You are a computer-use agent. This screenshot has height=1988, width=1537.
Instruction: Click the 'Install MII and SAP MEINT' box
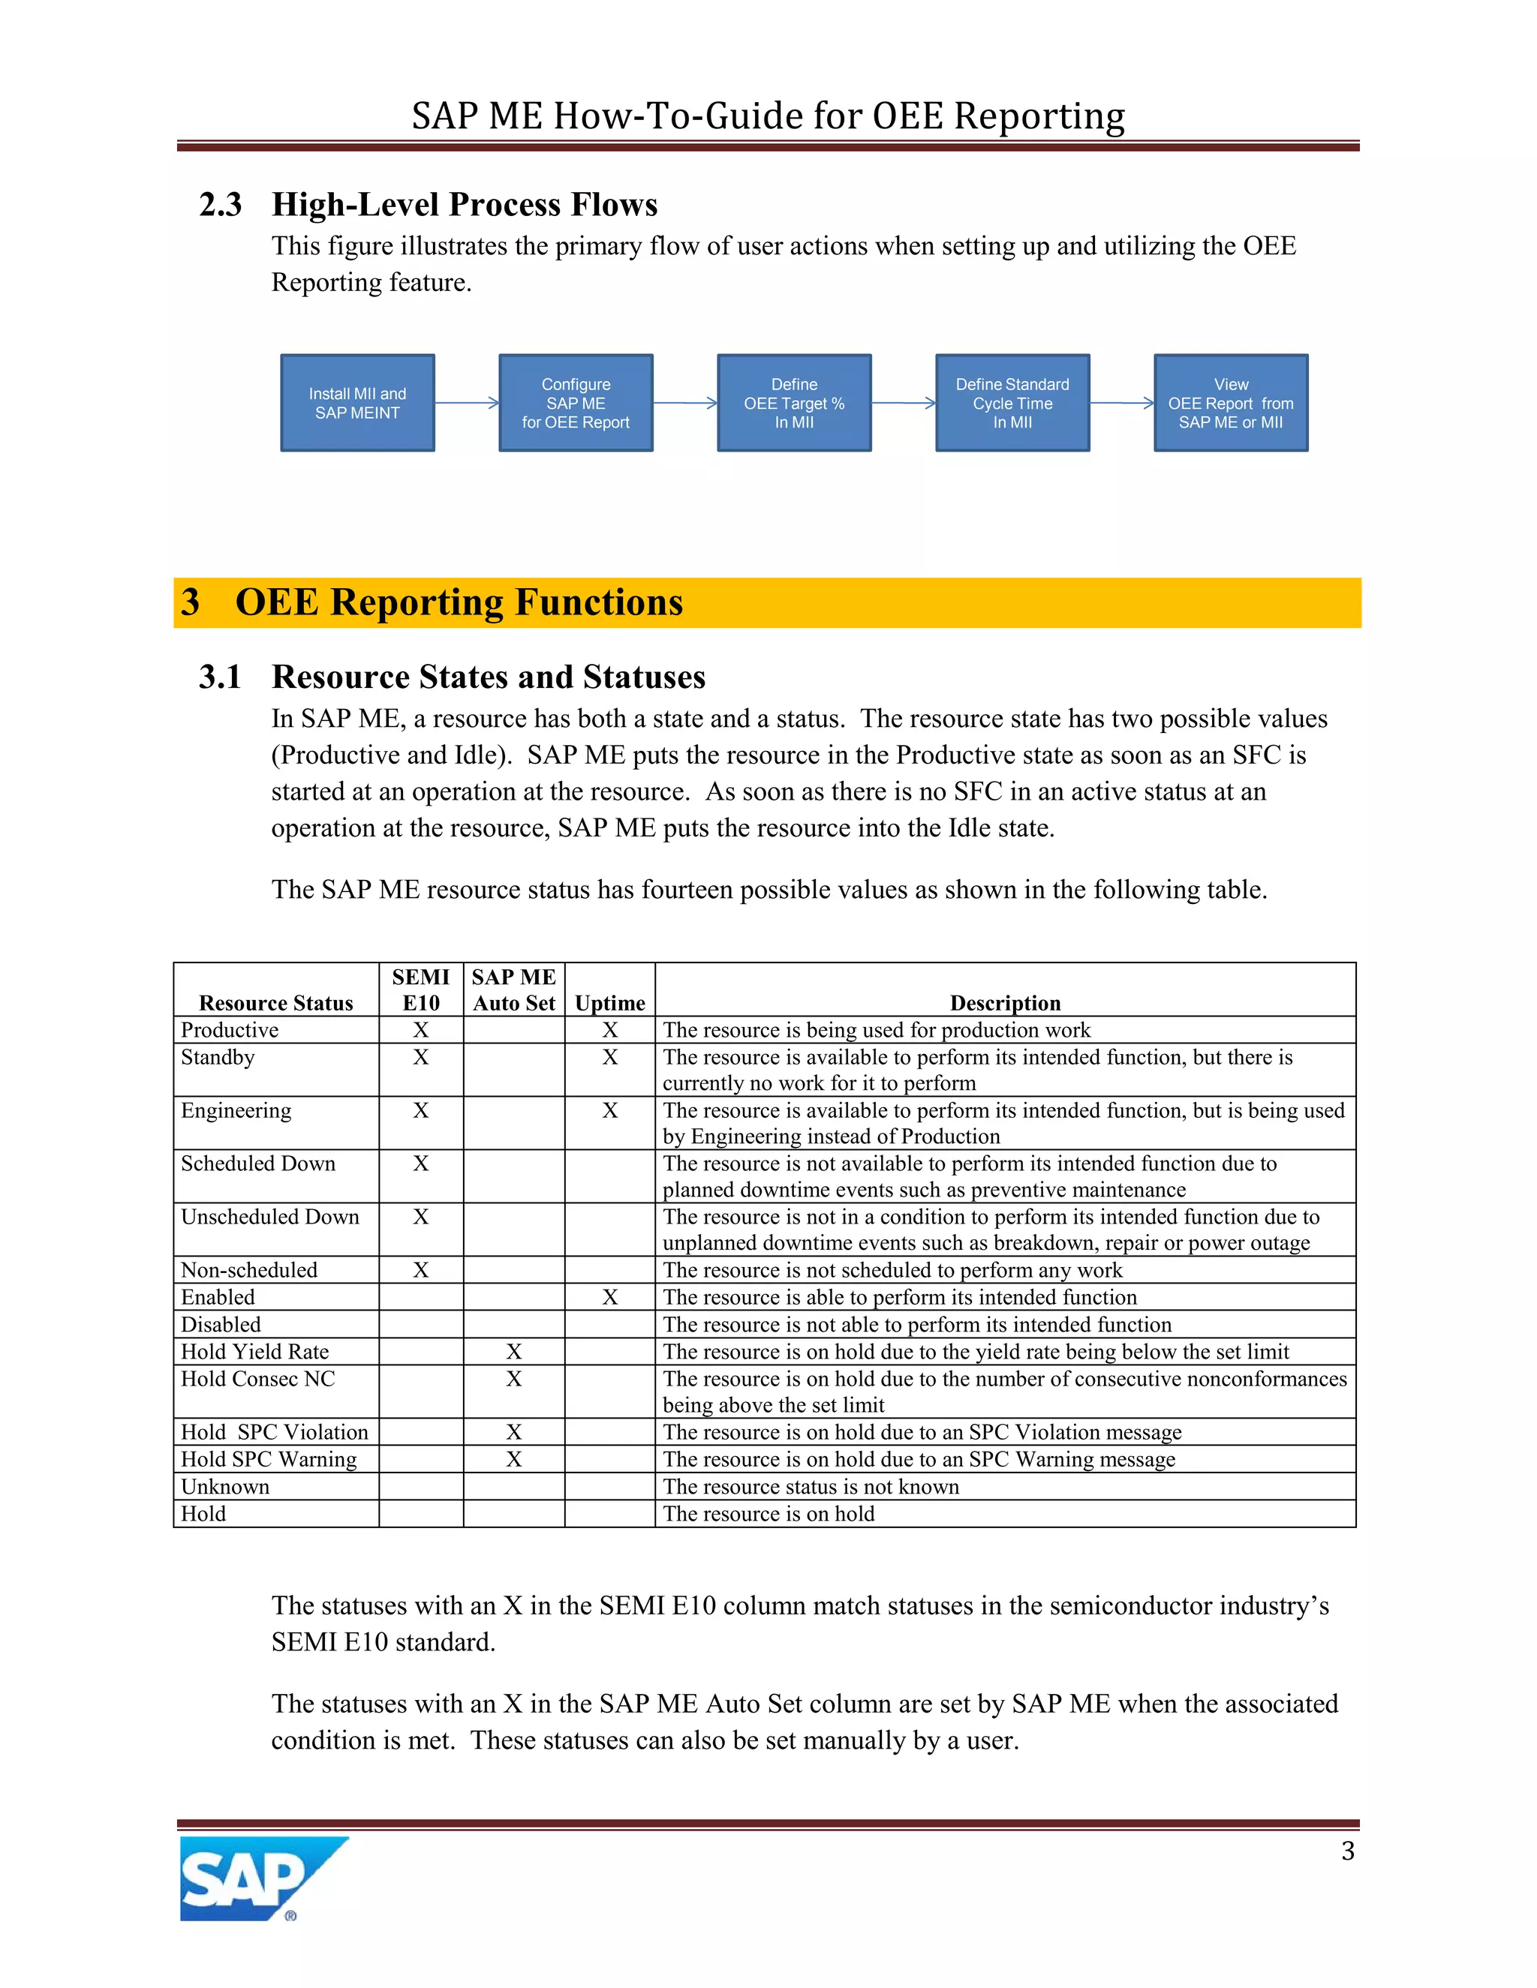pos(357,402)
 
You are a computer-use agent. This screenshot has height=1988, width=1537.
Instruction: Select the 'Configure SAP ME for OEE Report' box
pos(576,402)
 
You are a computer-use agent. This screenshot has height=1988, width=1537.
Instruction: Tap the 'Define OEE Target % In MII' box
pos(794,402)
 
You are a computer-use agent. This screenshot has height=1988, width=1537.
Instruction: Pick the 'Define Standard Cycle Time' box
pos(1012,402)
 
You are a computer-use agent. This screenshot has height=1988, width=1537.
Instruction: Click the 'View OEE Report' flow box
pos(1231,402)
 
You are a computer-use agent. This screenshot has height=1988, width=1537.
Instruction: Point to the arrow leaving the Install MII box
pos(466,402)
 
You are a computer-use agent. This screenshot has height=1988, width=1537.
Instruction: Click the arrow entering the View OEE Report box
pos(1122,402)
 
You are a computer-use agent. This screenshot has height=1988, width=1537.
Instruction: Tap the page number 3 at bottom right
pos(1348,1851)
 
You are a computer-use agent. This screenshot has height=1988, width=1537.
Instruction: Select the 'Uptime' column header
pos(610,1002)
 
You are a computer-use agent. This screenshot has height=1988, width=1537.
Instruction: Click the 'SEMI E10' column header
pos(421,989)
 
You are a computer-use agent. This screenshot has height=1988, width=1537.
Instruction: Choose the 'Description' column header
pos(1005,1002)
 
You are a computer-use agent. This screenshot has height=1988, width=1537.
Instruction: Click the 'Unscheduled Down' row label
pos(269,1217)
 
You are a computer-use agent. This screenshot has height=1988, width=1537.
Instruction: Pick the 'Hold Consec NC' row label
pos(257,1379)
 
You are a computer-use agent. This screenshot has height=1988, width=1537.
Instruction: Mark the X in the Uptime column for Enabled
pos(610,1297)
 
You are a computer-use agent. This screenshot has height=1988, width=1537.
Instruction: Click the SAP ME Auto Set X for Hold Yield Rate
pos(513,1352)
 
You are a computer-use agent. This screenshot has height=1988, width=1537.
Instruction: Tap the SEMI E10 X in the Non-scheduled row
pos(421,1270)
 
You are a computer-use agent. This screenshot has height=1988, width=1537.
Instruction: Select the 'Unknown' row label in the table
pos(225,1486)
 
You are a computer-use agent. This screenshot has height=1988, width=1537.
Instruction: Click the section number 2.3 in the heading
pos(221,205)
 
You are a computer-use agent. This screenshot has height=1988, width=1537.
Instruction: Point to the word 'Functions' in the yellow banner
pos(598,602)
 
